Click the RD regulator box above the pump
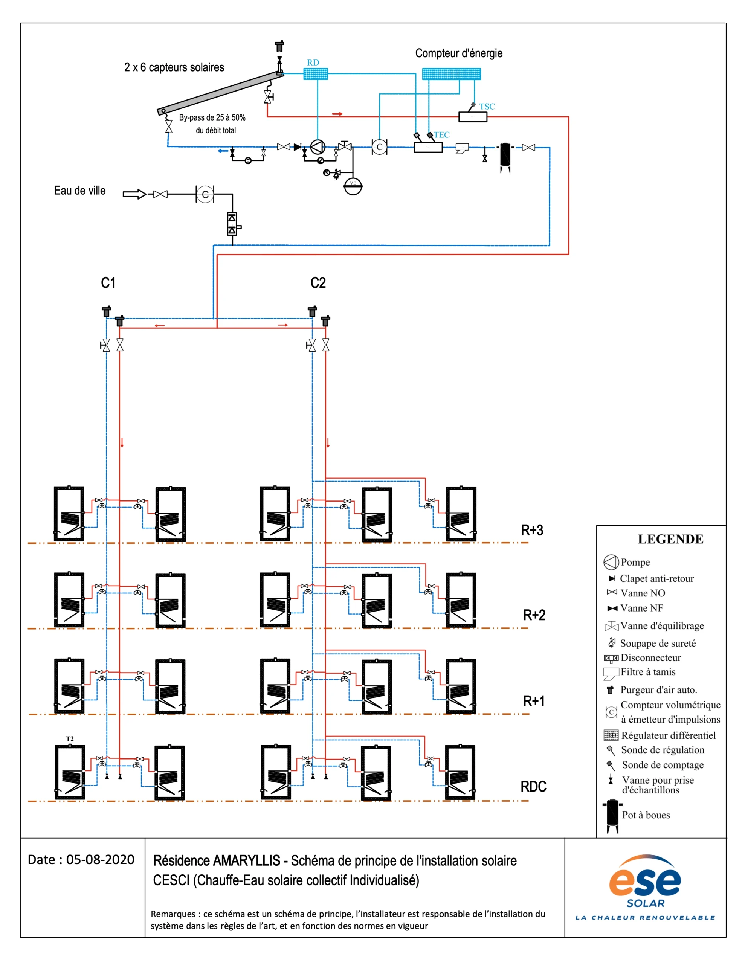point(315,74)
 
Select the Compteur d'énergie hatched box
point(451,74)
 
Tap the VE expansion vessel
point(353,186)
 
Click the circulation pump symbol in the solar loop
point(318,146)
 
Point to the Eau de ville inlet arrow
point(134,194)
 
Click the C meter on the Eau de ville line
point(205,194)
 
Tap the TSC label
point(487,106)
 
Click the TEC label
point(441,135)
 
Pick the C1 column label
point(108,282)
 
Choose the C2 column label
point(318,282)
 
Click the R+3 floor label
point(532,530)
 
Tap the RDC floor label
point(533,786)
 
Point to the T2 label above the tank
point(70,738)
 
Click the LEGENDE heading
point(670,539)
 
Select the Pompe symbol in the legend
point(611,562)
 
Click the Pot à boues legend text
point(646,815)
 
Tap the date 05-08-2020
point(100,859)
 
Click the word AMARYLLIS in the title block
point(246,861)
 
